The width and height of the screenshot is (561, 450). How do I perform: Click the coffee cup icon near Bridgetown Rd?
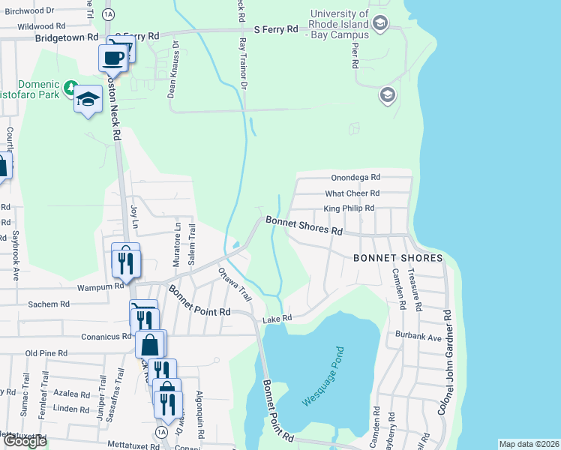(x=114, y=58)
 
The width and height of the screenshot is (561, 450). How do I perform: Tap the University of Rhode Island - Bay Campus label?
(x=340, y=24)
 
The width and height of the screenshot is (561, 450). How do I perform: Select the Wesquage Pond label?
(x=322, y=376)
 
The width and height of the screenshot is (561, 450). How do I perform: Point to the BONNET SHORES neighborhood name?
(x=398, y=258)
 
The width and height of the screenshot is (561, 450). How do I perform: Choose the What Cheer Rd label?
(x=352, y=193)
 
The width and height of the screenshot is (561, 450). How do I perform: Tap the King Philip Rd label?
(x=349, y=208)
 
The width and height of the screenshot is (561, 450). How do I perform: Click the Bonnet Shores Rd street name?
(x=303, y=226)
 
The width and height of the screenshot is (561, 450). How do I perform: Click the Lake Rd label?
(x=271, y=320)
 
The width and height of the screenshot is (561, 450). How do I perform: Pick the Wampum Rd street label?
(x=100, y=286)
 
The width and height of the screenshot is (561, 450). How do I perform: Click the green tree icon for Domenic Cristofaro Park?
(x=70, y=89)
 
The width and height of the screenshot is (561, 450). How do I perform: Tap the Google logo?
(x=24, y=441)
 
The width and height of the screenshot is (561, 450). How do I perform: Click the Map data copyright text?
(x=529, y=444)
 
